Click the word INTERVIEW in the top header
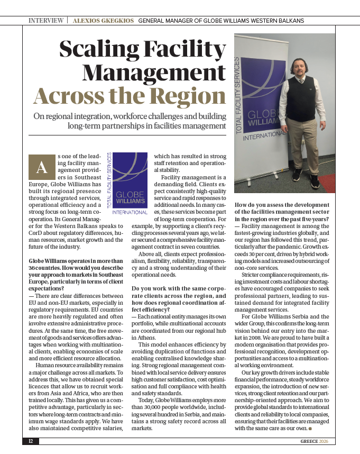click(47, 21)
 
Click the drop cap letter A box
click(42, 167)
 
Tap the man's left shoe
click(315, 182)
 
